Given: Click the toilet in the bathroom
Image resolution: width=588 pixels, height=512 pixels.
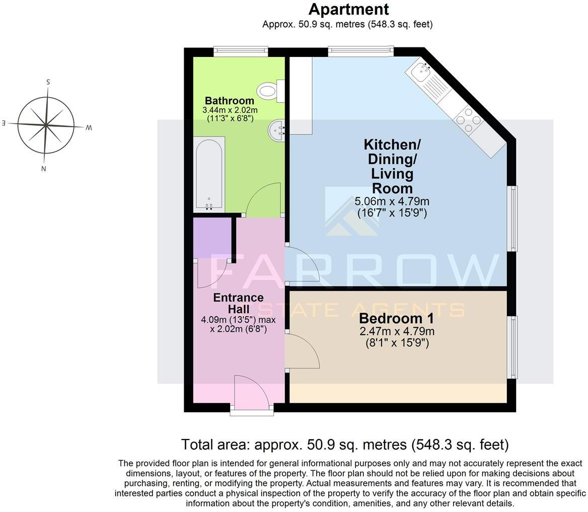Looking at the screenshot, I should pos(270,91).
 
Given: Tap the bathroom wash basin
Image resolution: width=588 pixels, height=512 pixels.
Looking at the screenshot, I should pos(276,130).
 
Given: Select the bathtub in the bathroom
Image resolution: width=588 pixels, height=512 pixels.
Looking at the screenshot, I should pos(209,174).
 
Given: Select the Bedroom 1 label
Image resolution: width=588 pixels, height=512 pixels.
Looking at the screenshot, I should pos(396,318).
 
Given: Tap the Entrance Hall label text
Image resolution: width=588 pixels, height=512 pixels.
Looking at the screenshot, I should pos(238,303).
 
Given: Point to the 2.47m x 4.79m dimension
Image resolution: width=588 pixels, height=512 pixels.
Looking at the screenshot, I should pos(397,332).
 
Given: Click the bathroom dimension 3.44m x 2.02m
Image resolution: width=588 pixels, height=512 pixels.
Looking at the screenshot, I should pos(230,110).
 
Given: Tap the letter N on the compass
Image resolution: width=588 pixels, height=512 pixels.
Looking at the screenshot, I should pos(44,169).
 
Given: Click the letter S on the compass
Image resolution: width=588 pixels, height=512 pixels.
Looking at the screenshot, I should pos(48,82).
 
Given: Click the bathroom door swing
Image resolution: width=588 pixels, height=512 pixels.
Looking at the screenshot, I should pos(264,200).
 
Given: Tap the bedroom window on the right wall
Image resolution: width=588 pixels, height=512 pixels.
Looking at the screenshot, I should pos(512,347).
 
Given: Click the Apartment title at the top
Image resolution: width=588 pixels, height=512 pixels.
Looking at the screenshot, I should pos(348,9).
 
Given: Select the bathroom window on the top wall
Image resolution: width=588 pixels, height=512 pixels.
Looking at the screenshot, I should pos(240,51).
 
